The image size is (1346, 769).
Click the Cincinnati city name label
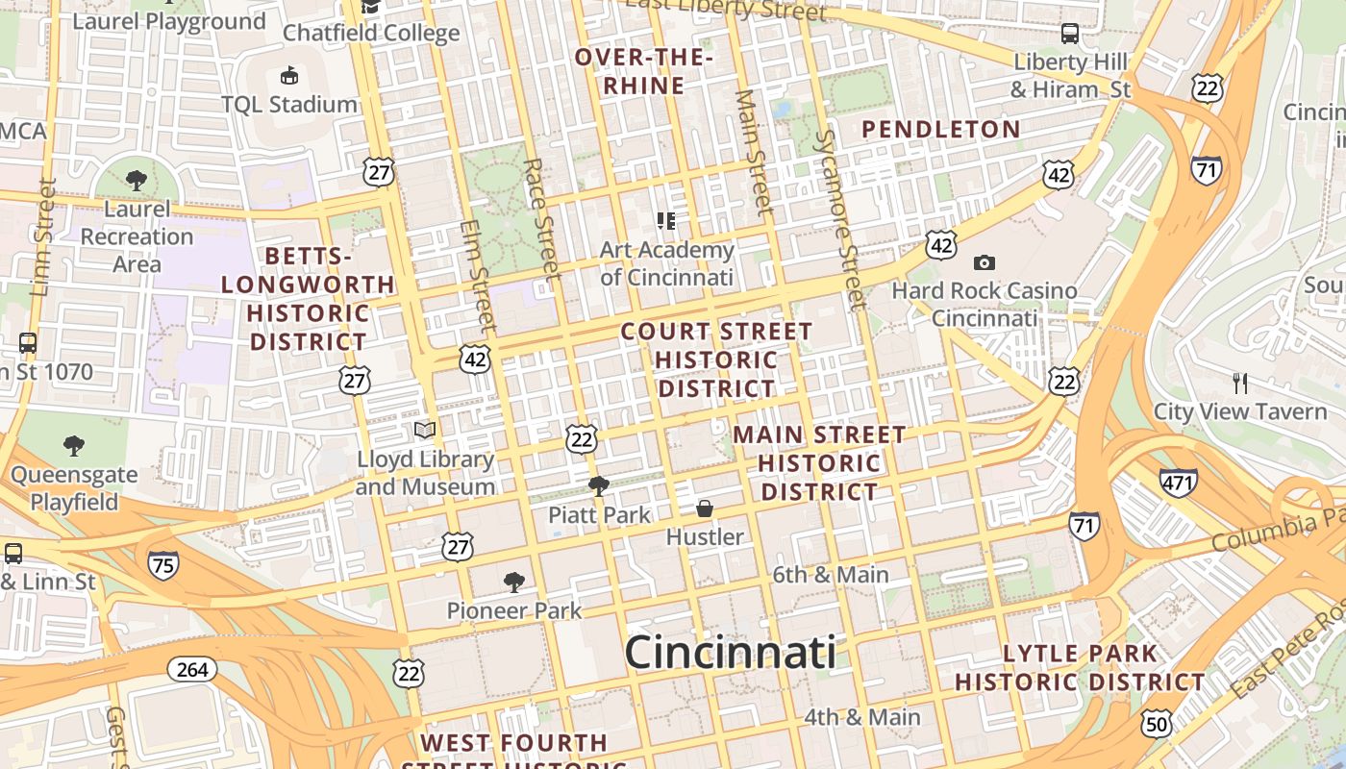[730, 654]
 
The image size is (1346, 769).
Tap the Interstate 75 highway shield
[163, 565]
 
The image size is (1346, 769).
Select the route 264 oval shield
[192, 669]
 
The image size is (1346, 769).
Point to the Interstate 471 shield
[1179, 482]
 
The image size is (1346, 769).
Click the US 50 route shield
[1157, 723]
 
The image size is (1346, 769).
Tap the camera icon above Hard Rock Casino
[984, 262]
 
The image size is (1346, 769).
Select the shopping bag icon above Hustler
[705, 509]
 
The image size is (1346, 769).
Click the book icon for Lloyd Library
[425, 430]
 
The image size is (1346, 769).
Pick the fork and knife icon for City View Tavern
[1240, 384]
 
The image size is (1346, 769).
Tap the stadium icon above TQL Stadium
[288, 75]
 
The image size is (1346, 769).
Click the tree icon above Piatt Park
[598, 486]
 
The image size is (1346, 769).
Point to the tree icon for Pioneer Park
[514, 582]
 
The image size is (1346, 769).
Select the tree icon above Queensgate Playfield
[74, 445]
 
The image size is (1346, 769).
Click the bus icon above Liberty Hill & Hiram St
[1070, 34]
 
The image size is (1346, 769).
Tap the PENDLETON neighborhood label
[940, 129]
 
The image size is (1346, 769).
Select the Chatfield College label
[371, 33]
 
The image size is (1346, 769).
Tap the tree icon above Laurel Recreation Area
[137, 180]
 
